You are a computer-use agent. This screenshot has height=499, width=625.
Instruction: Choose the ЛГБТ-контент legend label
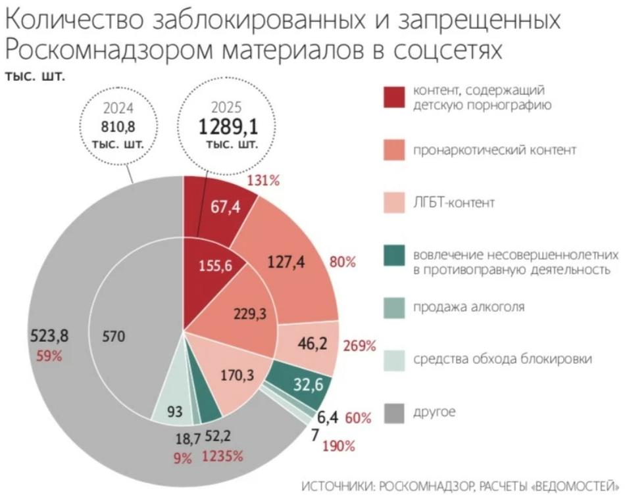point(453,203)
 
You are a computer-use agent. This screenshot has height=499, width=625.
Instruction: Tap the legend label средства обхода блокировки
point(498,359)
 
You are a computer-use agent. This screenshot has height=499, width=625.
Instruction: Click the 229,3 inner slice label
point(250,314)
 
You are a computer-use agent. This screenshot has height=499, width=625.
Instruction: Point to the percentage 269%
point(359,346)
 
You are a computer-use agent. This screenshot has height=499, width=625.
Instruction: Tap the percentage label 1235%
point(223,456)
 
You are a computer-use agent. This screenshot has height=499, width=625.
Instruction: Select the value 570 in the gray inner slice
point(115,337)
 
